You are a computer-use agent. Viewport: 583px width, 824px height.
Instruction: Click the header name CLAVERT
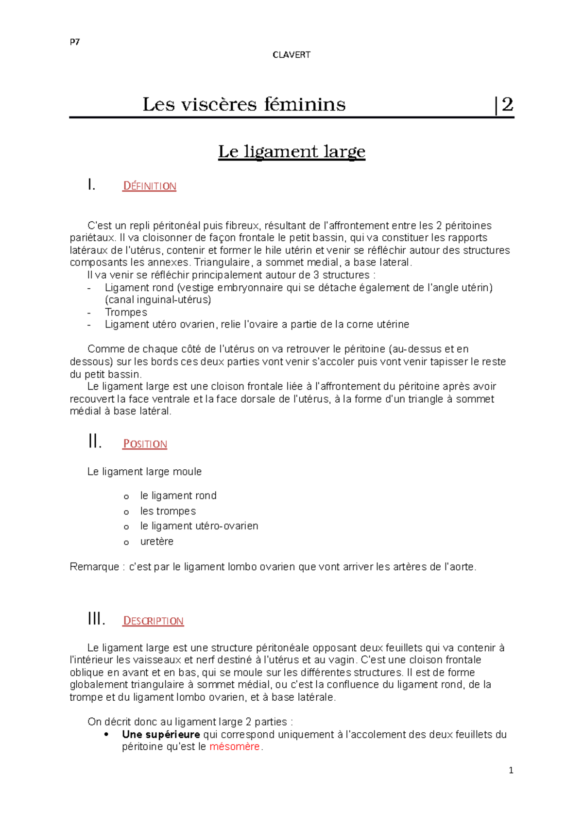click(x=291, y=55)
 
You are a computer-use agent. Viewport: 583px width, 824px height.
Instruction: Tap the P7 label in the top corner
click(x=74, y=42)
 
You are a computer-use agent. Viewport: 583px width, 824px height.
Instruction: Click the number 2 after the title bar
click(x=507, y=104)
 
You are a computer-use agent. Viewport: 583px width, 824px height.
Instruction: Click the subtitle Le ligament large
click(x=291, y=151)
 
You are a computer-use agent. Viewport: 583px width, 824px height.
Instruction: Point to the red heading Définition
click(x=149, y=186)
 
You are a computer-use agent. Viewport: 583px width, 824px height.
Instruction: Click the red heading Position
click(x=145, y=444)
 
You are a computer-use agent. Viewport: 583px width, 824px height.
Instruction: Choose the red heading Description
click(x=153, y=621)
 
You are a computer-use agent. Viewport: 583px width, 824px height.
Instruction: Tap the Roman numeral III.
click(x=96, y=619)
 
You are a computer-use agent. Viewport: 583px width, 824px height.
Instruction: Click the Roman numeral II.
click(x=95, y=442)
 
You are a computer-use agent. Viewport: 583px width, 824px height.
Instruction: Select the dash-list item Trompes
click(x=126, y=313)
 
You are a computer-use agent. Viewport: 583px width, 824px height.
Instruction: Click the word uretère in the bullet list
click(x=156, y=542)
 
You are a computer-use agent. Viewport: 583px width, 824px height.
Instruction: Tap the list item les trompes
click(x=168, y=511)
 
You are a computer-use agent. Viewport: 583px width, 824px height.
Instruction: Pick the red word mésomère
click(x=235, y=747)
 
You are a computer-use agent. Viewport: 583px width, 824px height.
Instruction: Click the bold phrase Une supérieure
click(x=161, y=735)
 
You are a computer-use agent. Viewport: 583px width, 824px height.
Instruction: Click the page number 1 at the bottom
click(x=511, y=771)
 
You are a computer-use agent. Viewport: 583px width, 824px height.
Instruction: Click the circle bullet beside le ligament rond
click(x=126, y=496)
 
